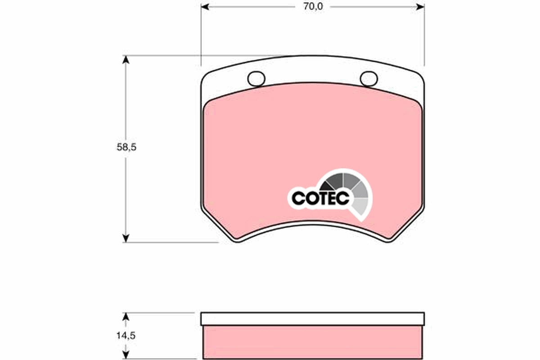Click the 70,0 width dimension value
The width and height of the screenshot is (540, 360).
[x=313, y=7]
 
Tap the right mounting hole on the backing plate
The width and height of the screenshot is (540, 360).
[x=369, y=78]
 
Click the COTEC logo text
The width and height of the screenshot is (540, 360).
[x=320, y=198]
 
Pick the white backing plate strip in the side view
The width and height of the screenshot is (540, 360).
[x=312, y=319]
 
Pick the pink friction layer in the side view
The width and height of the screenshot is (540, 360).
[x=312, y=342]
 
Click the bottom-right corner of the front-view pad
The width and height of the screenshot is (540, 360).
[x=388, y=241]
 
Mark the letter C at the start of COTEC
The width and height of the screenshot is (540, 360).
[x=298, y=198]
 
